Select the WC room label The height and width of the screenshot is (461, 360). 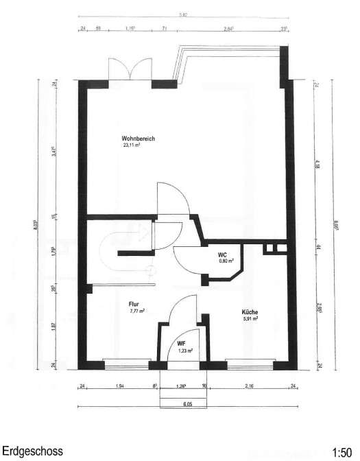(x=222, y=253)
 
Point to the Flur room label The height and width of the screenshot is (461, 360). (x=134, y=303)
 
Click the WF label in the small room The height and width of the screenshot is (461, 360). (x=182, y=343)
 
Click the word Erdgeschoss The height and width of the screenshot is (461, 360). (x=32, y=451)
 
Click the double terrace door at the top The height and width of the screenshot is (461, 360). (x=130, y=69)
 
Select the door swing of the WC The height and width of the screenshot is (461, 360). (x=187, y=259)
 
